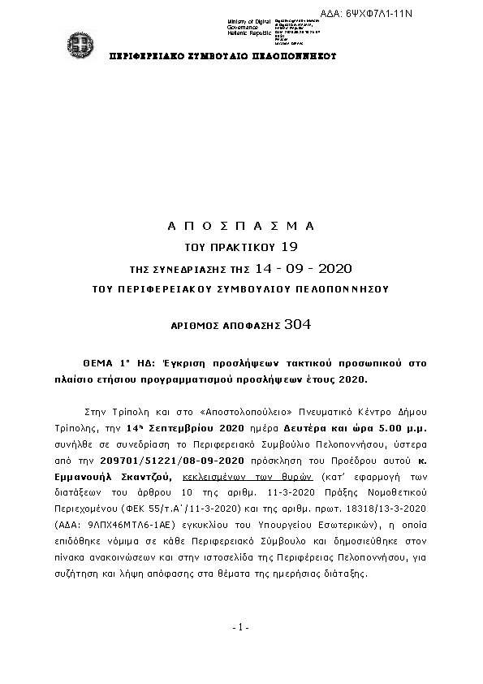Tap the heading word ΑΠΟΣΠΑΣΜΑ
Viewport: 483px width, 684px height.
pyautogui.click(x=240, y=225)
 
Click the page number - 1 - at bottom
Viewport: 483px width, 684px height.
pyautogui.click(x=240, y=627)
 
